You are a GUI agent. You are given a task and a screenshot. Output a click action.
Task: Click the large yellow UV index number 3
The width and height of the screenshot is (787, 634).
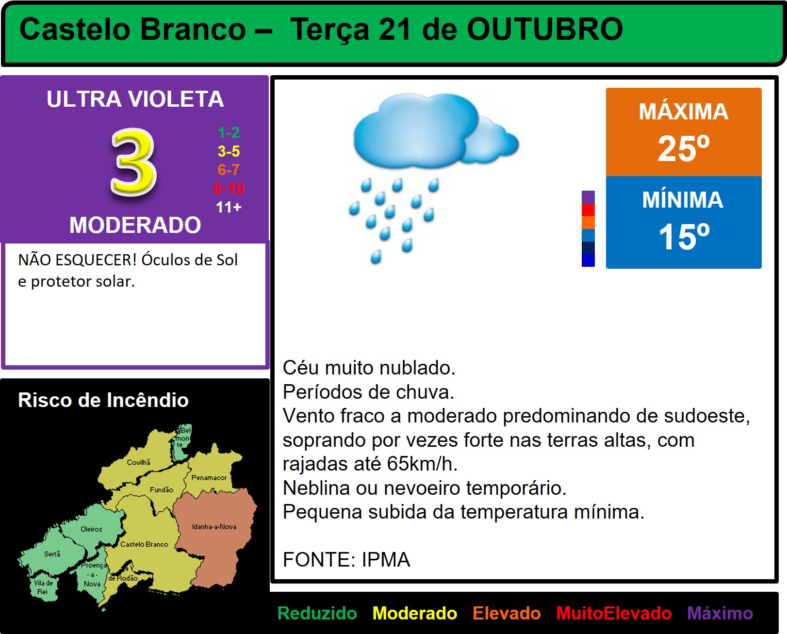click(134, 162)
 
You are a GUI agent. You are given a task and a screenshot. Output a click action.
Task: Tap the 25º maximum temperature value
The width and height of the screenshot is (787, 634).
click(684, 148)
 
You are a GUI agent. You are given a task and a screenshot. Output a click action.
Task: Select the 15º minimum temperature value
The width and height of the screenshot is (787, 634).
click(684, 237)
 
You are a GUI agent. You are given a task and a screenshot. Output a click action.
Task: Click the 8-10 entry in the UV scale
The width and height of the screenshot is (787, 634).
click(229, 189)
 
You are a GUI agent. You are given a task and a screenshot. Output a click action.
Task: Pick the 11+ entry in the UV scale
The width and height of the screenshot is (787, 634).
click(229, 207)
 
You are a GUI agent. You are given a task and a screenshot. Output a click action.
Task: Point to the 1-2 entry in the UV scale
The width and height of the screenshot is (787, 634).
click(229, 132)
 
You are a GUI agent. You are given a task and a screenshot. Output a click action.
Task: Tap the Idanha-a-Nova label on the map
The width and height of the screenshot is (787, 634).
click(214, 527)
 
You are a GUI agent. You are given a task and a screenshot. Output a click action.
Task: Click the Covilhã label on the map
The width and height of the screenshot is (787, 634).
click(139, 462)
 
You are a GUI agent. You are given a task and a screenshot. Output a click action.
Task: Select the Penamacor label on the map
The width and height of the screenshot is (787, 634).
click(209, 477)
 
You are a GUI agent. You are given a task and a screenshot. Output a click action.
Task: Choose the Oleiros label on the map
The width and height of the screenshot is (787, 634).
click(91, 529)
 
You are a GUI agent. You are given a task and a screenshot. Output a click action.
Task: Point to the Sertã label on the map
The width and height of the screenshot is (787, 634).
click(52, 554)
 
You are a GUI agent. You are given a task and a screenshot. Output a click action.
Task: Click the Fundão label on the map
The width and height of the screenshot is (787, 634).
click(161, 489)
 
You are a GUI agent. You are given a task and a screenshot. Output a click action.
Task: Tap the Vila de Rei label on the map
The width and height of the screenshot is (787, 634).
click(44, 587)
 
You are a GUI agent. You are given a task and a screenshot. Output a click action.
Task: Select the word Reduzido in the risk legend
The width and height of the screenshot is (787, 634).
click(317, 613)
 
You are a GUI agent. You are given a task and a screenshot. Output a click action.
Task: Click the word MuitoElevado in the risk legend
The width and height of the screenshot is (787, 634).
click(614, 613)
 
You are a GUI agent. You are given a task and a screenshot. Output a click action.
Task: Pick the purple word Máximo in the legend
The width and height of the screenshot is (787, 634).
click(720, 613)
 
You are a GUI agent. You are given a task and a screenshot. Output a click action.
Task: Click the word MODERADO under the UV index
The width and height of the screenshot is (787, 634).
click(135, 225)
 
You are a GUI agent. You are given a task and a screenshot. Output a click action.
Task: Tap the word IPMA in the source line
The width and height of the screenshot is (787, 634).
click(386, 559)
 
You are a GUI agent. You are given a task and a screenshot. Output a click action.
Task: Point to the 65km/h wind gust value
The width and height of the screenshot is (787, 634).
click(422, 464)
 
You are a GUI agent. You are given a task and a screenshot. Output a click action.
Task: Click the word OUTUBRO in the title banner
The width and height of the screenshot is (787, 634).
click(545, 29)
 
